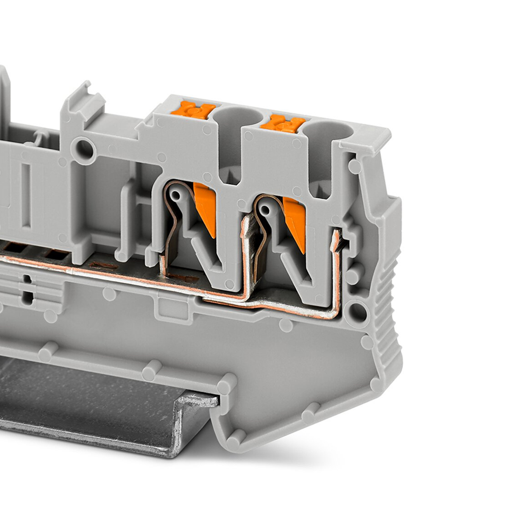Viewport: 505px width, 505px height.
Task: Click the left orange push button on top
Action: pyautogui.click(x=193, y=109)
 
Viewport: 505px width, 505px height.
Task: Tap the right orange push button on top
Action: pyautogui.click(x=283, y=123)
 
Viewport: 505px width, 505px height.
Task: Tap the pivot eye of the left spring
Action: pyautogui.click(x=176, y=195)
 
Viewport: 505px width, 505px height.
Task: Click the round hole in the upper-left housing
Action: pyautogui.click(x=85, y=150)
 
